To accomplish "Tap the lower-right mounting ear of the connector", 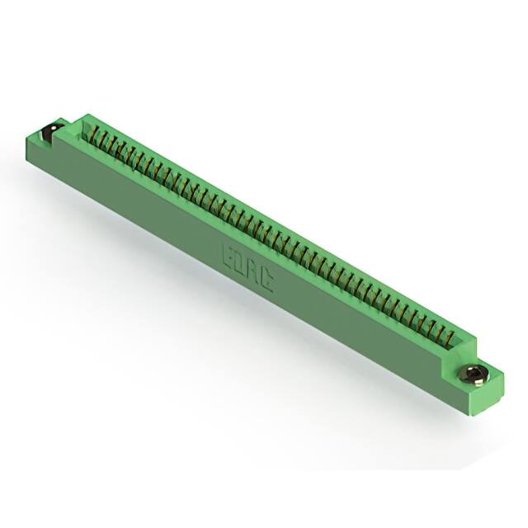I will [478, 381].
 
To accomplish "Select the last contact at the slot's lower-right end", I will [451, 337].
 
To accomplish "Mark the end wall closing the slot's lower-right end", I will [462, 345].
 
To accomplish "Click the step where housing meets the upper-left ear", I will [69, 124].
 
